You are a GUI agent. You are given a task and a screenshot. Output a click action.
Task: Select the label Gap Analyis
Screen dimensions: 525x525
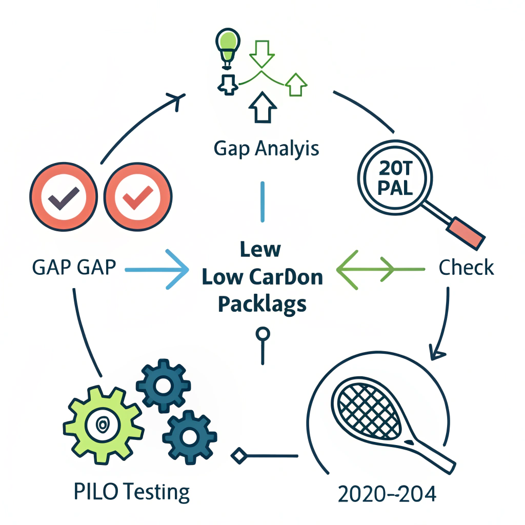266,148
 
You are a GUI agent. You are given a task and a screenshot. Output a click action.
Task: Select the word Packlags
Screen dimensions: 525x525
262,304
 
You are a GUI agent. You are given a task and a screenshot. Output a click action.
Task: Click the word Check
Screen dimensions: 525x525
467,268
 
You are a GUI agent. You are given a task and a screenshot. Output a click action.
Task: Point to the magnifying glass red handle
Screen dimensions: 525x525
467,233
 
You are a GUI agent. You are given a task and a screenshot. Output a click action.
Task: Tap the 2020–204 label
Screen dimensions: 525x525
387,494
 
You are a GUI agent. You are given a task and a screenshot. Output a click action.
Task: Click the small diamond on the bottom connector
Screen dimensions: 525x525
238,455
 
